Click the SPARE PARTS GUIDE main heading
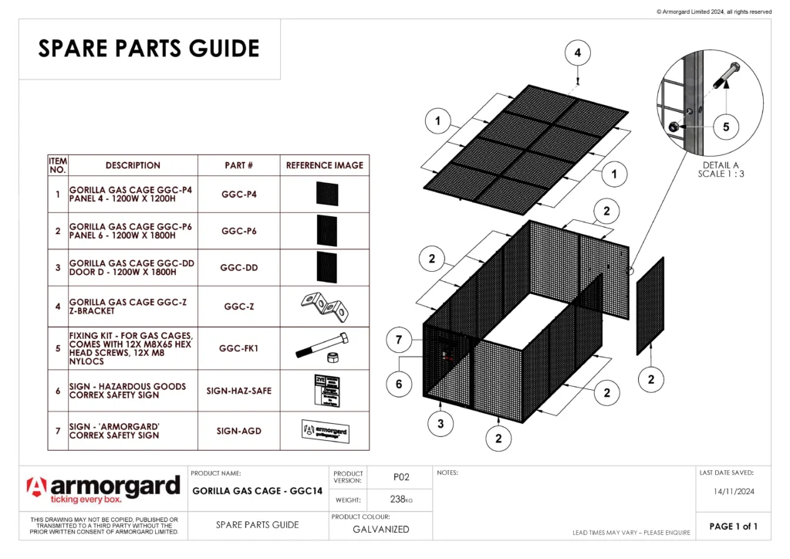point(149,49)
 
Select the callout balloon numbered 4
point(578,53)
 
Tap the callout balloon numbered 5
point(726,127)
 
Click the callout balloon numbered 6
point(399,384)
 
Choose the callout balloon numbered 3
point(441,423)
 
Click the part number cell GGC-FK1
point(239,348)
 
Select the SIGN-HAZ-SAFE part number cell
point(239,391)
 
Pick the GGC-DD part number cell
point(239,268)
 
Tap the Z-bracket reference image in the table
point(325,307)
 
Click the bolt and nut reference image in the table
point(325,348)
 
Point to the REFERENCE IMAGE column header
point(325,165)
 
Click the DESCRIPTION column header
point(133,165)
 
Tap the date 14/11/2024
point(733,490)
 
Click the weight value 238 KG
point(400,500)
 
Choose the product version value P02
point(400,477)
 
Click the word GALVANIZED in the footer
point(380,530)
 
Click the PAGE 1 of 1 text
point(733,527)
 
